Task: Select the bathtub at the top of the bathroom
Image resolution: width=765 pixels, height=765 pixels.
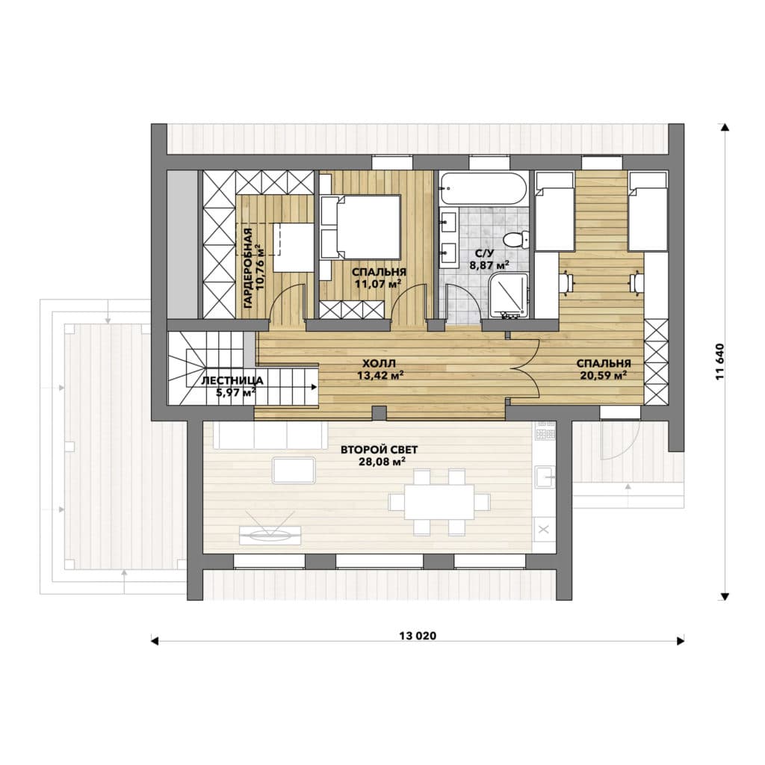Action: point(483,188)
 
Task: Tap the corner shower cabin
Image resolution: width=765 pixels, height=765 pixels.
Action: point(508,295)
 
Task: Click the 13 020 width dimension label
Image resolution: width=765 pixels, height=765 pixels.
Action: point(418,636)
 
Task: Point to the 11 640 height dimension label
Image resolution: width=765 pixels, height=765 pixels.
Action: point(720,362)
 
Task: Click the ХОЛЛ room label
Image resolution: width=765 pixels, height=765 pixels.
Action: point(379,364)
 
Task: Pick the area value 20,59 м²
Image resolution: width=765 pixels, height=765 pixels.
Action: point(604,375)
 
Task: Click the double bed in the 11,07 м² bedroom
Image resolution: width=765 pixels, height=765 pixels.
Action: point(361,227)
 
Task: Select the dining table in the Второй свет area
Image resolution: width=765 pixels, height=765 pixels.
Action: point(439,502)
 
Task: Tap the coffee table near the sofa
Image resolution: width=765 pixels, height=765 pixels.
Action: point(293,470)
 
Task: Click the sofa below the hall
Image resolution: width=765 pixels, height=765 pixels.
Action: point(270,436)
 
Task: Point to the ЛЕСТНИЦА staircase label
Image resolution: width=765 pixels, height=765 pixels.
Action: point(232,380)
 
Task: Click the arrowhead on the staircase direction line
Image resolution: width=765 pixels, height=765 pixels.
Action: point(315,387)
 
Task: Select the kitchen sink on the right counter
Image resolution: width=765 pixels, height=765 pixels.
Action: point(545,477)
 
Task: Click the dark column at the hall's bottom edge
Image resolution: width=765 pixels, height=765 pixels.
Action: point(379,412)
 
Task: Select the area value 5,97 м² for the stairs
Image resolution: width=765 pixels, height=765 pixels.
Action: point(235,392)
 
